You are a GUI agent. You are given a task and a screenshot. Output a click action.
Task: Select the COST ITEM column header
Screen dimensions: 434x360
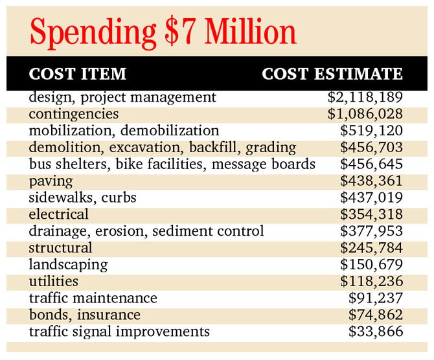click(78, 74)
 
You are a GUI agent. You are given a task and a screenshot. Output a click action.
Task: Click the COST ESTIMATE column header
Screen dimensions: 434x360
click(332, 74)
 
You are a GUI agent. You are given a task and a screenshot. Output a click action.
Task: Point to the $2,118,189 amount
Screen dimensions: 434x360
click(365, 97)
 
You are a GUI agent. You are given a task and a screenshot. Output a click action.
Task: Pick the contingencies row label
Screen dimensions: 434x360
click(74, 115)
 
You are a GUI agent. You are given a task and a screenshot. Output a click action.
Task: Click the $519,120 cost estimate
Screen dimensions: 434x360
click(371, 131)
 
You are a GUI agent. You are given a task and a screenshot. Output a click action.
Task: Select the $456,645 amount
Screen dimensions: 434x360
click(371, 164)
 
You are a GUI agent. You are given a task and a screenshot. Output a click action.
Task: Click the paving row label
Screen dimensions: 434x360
click(51, 181)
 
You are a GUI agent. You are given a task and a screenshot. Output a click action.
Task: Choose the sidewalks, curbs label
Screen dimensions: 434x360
click(82, 197)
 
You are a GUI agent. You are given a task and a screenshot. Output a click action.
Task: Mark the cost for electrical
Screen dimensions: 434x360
click(371, 214)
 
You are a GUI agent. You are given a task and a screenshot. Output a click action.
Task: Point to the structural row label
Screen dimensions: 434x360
click(60, 247)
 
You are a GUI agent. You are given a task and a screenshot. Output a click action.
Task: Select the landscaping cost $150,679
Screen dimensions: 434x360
click(371, 265)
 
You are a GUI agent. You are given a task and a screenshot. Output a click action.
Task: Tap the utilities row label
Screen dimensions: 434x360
click(53, 282)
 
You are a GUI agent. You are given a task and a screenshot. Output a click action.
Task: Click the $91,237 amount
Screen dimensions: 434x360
click(376, 298)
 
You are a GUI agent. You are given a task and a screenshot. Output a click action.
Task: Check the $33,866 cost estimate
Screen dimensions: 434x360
click(376, 332)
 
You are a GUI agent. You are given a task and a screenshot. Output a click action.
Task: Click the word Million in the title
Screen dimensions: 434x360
click(250, 31)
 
